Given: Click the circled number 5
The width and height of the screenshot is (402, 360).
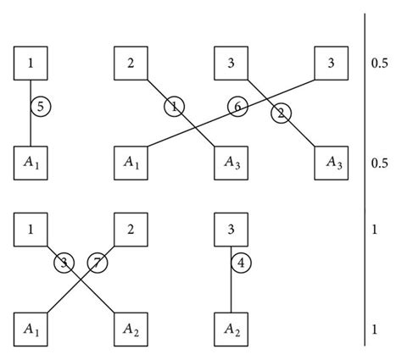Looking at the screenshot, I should (x=39, y=107).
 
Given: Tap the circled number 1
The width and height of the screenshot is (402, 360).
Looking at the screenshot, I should (x=175, y=107).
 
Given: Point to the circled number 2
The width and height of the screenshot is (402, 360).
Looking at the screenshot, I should (x=282, y=113).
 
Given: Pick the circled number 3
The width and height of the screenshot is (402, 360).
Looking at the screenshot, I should (x=63, y=263).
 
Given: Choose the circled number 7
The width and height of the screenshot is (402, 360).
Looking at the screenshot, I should (x=98, y=263).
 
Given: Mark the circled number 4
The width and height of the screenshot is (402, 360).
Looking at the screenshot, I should (x=242, y=263).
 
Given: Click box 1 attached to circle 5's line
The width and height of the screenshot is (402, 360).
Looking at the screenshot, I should (x=31, y=64).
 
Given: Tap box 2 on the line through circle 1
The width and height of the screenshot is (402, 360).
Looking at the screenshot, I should (x=131, y=64).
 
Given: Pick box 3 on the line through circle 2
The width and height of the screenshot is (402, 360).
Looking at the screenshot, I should (x=231, y=64).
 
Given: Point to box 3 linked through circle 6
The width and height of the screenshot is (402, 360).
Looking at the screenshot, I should (x=331, y=64).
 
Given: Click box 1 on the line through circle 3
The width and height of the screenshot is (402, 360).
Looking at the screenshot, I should (x=31, y=230).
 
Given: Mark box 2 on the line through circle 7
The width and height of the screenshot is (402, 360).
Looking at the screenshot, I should (x=131, y=230).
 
